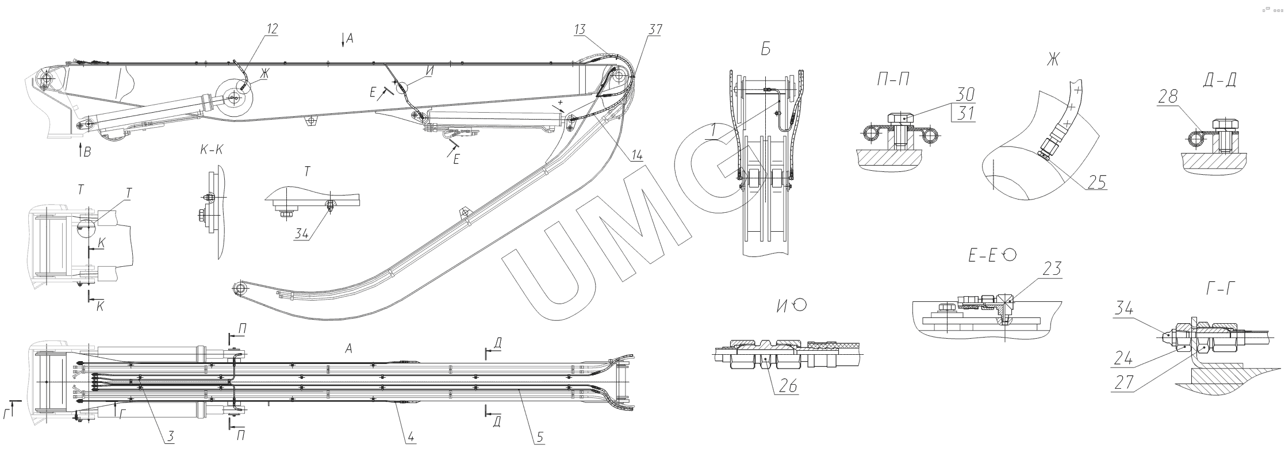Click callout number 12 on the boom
[273, 29]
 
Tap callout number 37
[654, 30]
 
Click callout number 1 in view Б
[712, 132]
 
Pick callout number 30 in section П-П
[965, 94]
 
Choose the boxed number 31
[965, 113]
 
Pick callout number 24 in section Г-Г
[1123, 359]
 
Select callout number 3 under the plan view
[170, 436]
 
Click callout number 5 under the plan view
[539, 436]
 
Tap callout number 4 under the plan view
[410, 436]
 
